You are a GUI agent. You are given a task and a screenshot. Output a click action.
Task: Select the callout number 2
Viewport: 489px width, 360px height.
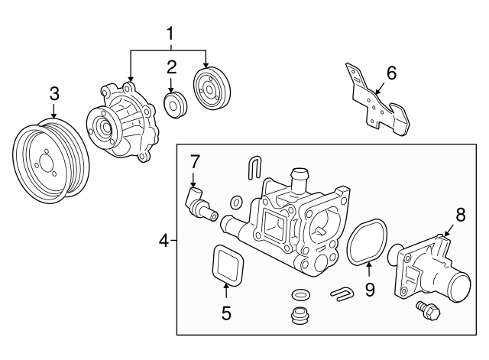point(172,66)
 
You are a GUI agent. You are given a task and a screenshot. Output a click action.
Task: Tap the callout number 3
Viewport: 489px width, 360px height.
point(53,94)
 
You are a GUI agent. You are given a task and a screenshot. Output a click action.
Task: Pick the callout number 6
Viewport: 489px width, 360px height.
point(391,73)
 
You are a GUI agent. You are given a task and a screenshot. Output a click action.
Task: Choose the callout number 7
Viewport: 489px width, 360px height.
point(195,161)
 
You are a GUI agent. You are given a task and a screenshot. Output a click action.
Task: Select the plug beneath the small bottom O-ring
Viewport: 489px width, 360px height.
point(300,315)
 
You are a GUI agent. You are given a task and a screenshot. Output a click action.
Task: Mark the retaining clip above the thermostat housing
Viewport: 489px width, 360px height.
point(256,170)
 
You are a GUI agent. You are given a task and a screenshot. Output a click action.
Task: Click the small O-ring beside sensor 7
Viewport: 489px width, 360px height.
point(237,203)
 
